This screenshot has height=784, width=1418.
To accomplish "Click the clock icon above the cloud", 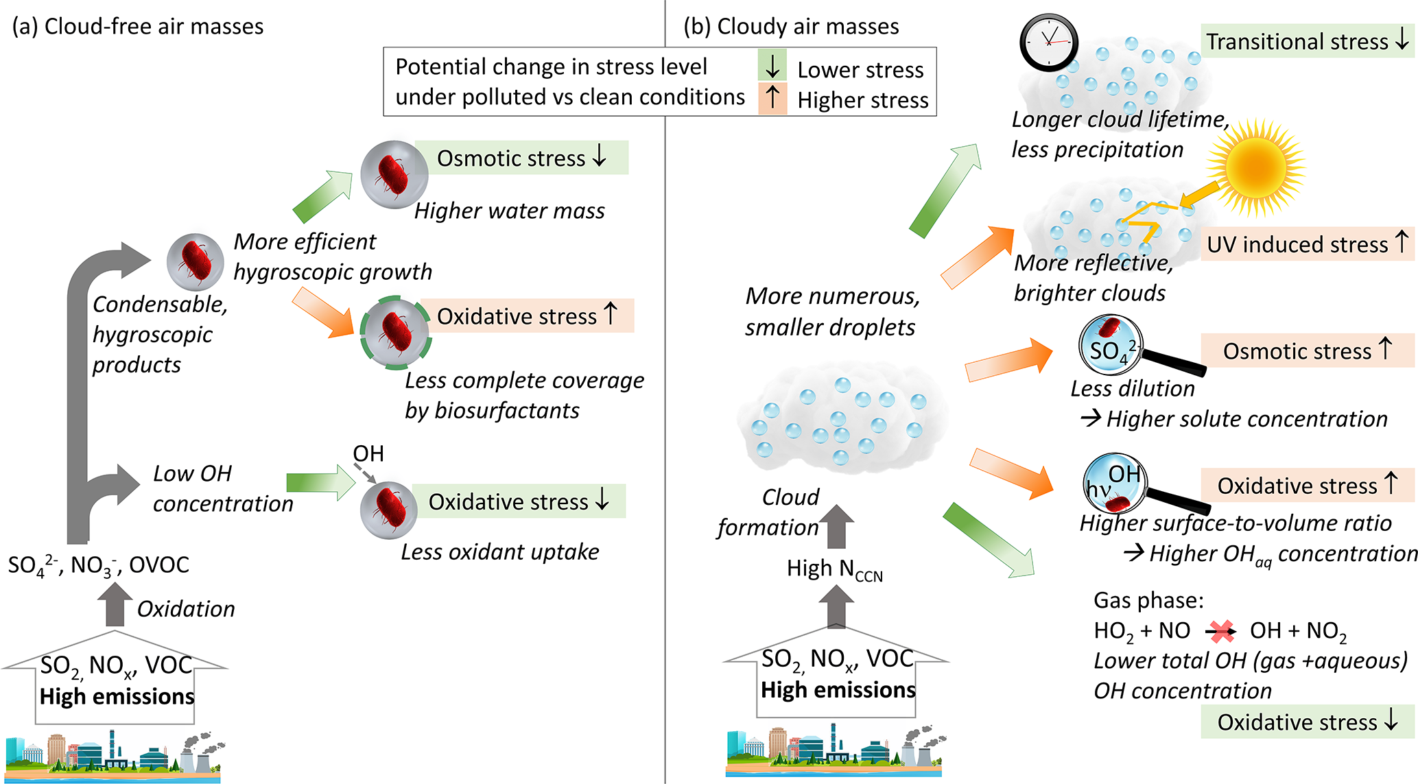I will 1049,42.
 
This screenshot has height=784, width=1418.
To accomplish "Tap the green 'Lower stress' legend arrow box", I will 772,66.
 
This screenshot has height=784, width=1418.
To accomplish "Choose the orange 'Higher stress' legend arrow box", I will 772,97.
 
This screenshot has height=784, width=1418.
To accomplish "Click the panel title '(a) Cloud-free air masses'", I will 138,26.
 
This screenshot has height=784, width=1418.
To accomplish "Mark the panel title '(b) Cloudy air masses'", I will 791,26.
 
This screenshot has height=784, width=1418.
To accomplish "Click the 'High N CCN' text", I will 834,569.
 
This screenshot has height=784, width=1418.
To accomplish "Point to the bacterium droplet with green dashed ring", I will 394,333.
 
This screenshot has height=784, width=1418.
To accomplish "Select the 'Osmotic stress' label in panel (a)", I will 521,158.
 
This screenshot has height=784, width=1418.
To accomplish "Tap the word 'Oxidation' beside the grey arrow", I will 186,609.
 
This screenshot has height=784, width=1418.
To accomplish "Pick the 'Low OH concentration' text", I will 222,488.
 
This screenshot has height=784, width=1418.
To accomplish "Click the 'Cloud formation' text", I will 769,512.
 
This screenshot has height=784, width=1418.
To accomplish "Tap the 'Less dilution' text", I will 1133,389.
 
